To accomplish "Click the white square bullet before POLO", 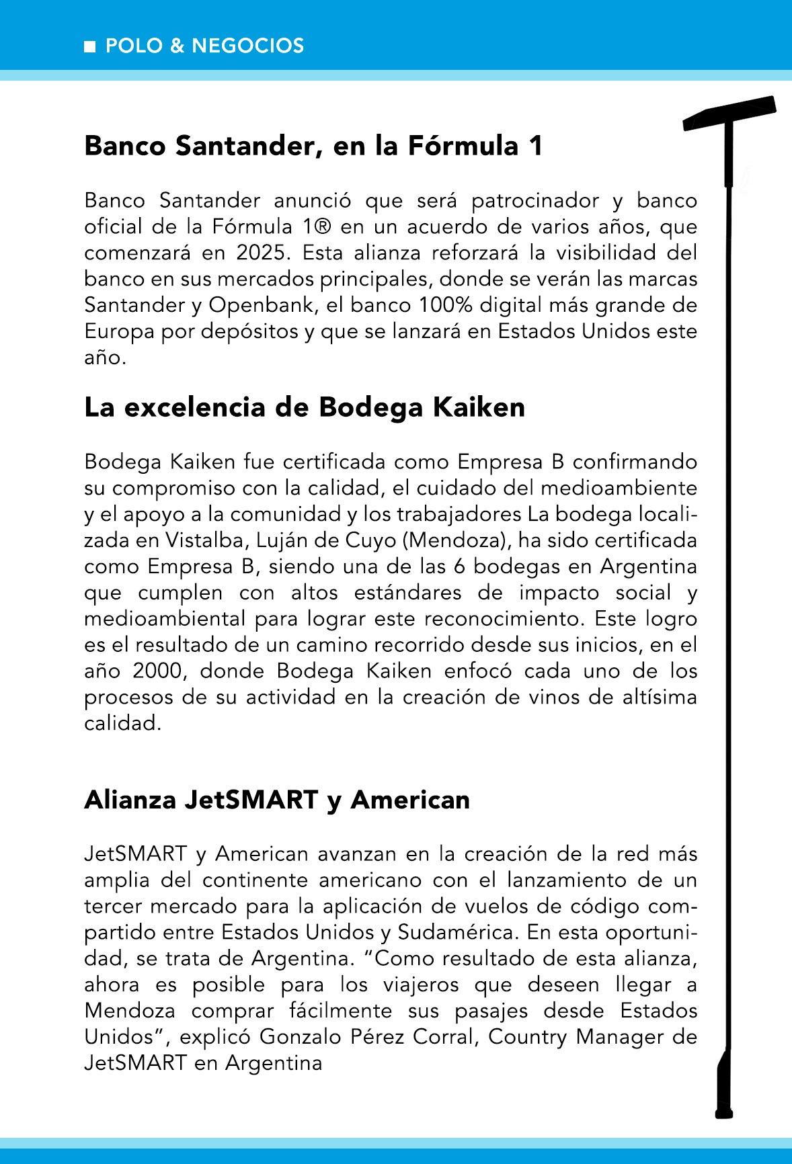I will (89, 47).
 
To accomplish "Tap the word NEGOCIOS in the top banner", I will (247, 46).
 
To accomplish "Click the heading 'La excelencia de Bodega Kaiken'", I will (305, 408).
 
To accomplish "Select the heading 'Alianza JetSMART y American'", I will (277, 800).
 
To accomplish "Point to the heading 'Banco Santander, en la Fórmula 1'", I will (313, 147).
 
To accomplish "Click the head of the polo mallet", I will (729, 114).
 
